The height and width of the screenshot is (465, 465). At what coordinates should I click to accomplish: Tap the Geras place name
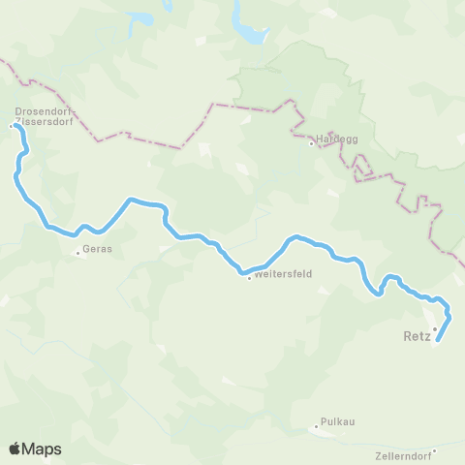(x=98, y=249)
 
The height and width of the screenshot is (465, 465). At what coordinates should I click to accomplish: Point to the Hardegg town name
(x=337, y=139)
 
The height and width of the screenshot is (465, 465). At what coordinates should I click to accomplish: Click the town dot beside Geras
(x=78, y=254)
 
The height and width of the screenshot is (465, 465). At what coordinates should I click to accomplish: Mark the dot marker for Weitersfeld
(x=249, y=278)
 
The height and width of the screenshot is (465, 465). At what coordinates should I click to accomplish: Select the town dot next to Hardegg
(x=311, y=144)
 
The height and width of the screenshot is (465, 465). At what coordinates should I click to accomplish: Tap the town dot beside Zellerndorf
(x=435, y=450)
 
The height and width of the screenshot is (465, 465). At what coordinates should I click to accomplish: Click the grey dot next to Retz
(x=435, y=328)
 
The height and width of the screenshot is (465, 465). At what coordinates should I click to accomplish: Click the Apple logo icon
(x=15, y=449)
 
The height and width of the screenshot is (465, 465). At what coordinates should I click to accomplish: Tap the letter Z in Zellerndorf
(x=376, y=456)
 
